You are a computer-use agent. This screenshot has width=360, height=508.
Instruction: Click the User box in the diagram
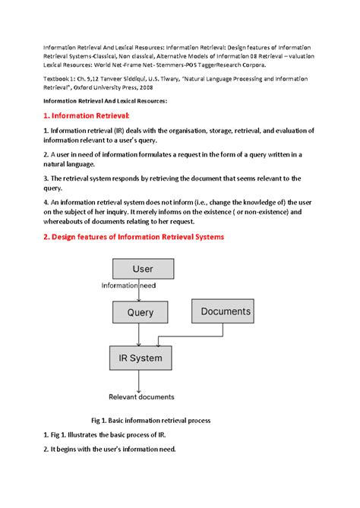point(142,269)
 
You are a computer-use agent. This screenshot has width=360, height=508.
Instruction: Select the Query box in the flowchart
point(140,312)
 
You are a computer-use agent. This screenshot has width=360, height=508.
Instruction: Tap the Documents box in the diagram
point(226,311)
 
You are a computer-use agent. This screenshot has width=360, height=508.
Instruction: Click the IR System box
point(140,358)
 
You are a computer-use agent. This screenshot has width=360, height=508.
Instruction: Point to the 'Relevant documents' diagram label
point(141,396)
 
